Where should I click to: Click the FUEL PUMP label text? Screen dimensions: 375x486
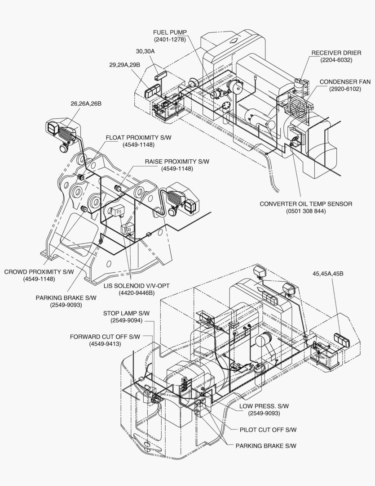tap(170, 32)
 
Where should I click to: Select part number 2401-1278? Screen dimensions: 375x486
tap(170, 39)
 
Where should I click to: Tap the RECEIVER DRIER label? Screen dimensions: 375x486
tap(336, 53)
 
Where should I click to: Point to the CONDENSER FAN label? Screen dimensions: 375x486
tap(344, 82)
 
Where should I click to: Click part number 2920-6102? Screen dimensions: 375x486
tap(344, 89)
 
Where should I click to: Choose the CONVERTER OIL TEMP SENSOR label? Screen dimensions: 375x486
tap(306, 204)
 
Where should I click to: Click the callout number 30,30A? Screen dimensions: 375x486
tap(145, 51)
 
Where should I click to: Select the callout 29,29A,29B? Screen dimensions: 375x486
tap(124, 65)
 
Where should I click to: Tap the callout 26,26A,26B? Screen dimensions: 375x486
tap(86, 103)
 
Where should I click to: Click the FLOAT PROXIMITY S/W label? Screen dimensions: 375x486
tap(138, 138)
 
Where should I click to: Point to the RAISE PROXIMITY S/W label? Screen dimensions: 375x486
tap(177, 162)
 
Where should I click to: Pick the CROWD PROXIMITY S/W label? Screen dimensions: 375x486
tap(39, 272)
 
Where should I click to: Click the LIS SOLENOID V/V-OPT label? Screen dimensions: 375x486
tap(137, 286)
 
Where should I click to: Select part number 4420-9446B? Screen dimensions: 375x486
tap(137, 293)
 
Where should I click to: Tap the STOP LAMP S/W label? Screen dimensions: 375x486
tap(126, 313)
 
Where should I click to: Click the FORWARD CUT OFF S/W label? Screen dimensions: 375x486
tap(105, 337)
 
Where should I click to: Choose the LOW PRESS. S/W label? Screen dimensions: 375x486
tap(264, 406)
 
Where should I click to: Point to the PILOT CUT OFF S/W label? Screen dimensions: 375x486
tap(268, 430)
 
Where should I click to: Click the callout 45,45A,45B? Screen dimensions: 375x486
tap(328, 274)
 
